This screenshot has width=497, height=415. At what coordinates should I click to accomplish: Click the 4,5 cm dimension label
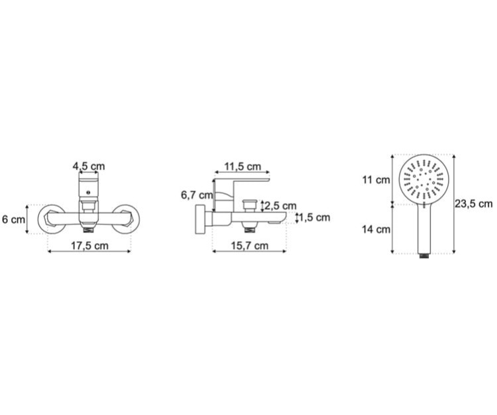tap(89, 166)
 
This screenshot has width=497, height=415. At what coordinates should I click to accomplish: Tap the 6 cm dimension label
tap(13, 219)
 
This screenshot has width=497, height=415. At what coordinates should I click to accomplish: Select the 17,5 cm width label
tap(89, 246)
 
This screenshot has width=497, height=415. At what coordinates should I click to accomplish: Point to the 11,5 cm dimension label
tap(243, 167)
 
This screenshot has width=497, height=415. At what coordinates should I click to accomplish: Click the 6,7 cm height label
tap(197, 195)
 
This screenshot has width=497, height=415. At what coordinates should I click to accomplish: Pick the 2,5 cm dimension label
tap(280, 206)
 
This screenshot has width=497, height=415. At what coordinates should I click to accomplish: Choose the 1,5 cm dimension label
tap(314, 218)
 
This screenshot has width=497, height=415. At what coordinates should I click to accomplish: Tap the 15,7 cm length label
tap(249, 246)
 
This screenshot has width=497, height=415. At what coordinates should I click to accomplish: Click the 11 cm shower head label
tap(376, 180)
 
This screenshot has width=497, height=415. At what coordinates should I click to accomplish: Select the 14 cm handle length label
tap(376, 229)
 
